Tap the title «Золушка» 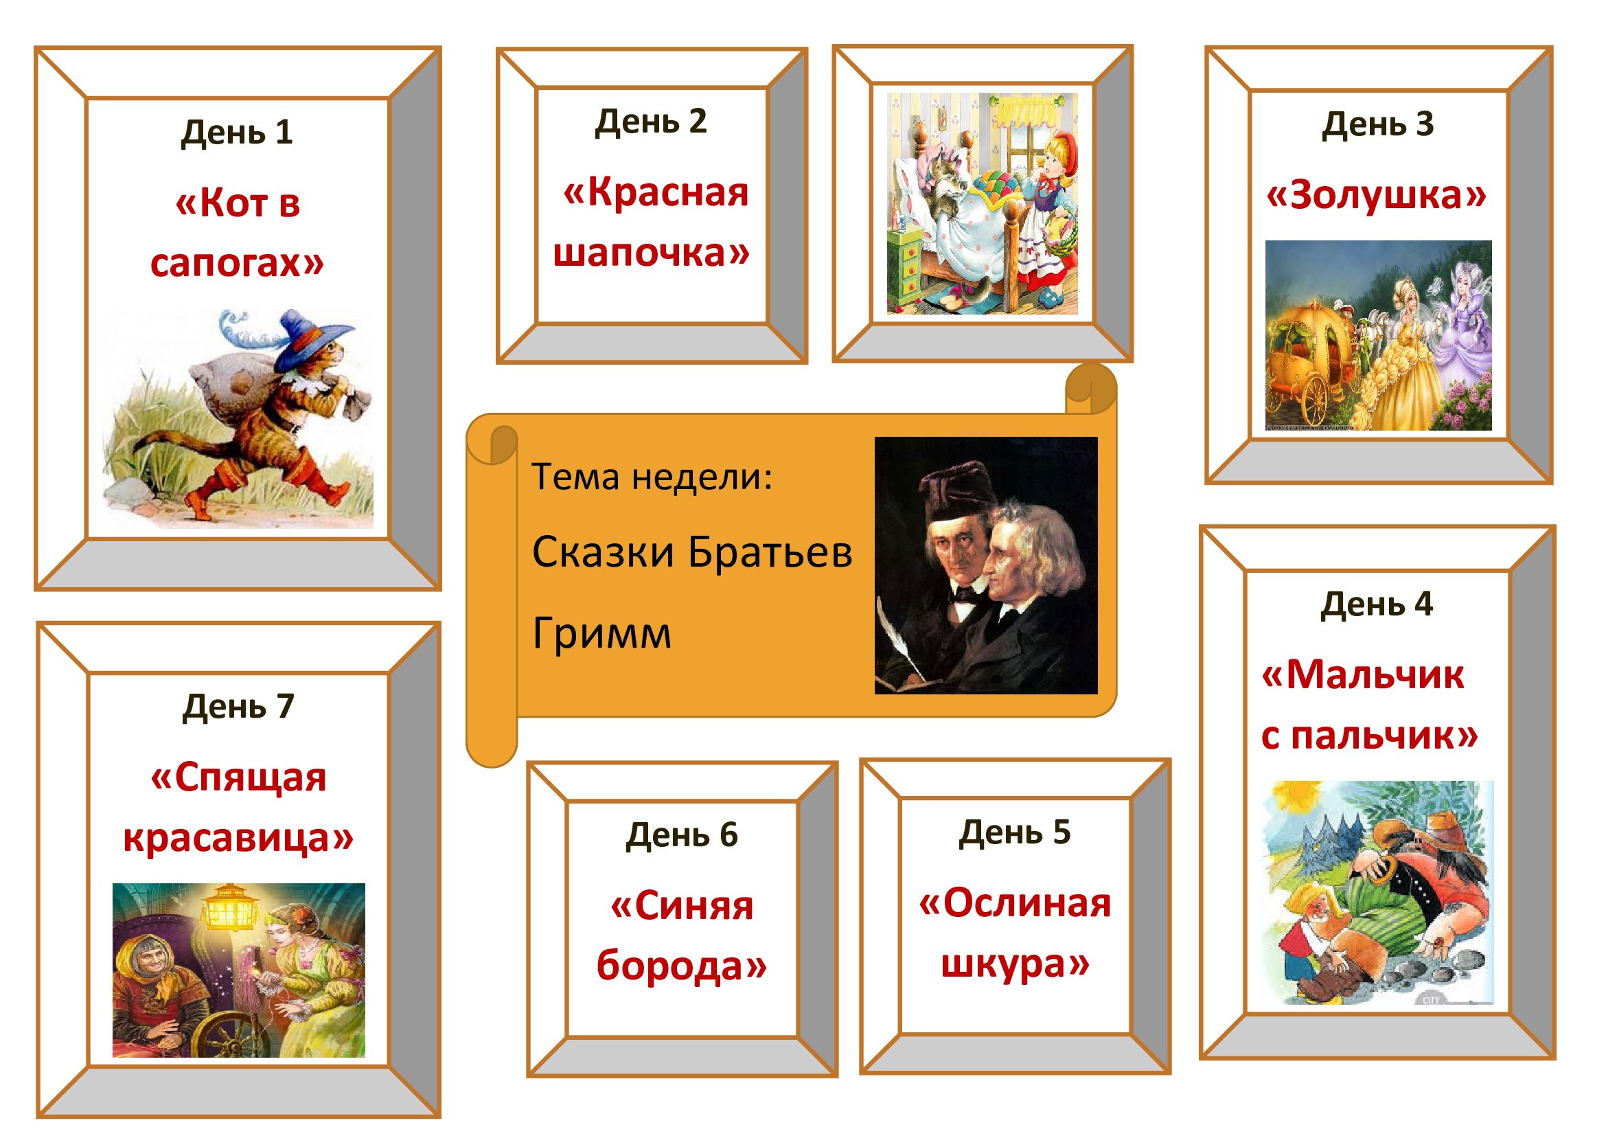[1377, 195]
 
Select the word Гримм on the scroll [601, 634]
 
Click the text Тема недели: [652, 477]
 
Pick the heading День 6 [682, 835]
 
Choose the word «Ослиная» [1014, 903]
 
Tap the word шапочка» [651, 253]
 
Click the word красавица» [238, 839]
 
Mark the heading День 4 [1377, 604]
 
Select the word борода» [682, 966]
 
